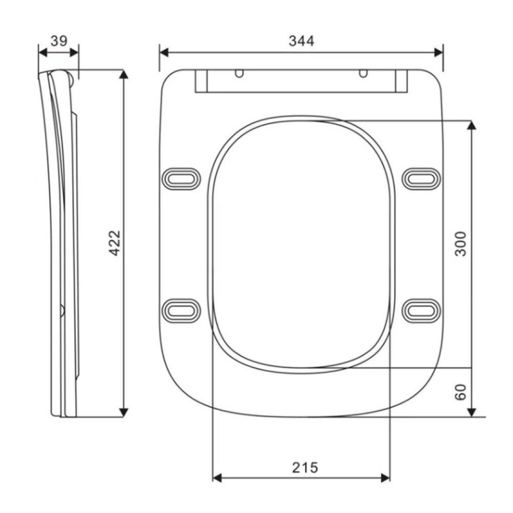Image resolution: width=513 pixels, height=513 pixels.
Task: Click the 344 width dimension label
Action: click(301, 41)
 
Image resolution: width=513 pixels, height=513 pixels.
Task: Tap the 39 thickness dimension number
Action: click(59, 41)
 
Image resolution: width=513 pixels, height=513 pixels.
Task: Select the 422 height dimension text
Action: click(114, 243)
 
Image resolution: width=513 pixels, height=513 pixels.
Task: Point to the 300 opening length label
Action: click(461, 244)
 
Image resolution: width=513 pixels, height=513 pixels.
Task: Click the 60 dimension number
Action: click(461, 392)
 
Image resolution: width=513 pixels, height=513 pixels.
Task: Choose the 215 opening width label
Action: click(305, 467)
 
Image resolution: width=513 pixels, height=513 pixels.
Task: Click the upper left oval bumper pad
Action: click(181, 179)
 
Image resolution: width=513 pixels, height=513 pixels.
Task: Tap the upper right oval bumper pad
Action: click(421, 179)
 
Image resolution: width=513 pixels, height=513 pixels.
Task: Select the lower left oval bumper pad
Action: click(181, 310)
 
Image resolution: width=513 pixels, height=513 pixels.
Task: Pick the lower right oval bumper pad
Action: click(421, 310)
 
